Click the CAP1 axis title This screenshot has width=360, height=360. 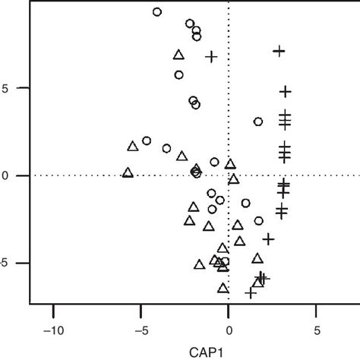(x=229, y=351)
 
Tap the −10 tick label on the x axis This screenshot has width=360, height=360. (x=53, y=331)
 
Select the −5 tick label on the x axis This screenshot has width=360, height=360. (x=141, y=331)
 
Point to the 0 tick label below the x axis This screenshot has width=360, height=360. (x=229, y=331)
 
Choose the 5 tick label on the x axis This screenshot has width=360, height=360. (x=316, y=331)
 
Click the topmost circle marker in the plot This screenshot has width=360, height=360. (x=157, y=12)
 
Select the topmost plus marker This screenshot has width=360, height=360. (x=279, y=51)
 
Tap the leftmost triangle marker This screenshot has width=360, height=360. (x=128, y=173)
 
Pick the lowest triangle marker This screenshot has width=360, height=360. (x=223, y=289)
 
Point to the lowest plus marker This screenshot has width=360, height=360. (x=251, y=292)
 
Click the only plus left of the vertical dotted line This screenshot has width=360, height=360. (x=212, y=56)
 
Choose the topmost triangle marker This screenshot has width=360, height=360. (x=178, y=55)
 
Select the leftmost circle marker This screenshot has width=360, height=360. (x=147, y=141)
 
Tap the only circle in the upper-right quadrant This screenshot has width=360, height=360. (x=258, y=122)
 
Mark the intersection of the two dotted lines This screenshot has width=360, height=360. (x=229, y=175)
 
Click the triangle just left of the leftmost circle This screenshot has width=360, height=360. (x=133, y=146)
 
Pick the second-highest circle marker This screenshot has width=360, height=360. (x=190, y=24)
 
